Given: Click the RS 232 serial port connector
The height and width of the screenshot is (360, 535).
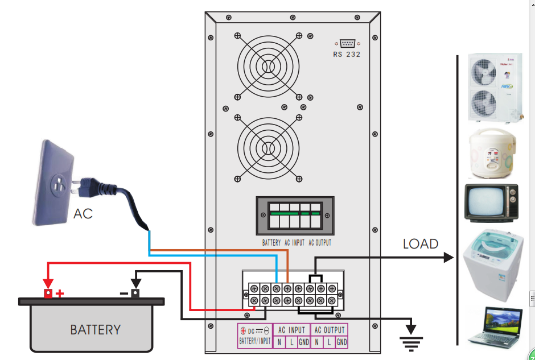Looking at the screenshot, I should [347, 43].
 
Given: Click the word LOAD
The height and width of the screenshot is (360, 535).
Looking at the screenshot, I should [421, 244].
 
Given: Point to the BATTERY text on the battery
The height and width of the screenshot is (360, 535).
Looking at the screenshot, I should [95, 330].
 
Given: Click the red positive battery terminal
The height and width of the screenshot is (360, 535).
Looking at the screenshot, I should [48, 293].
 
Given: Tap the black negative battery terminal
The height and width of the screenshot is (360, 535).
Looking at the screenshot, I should [135, 293].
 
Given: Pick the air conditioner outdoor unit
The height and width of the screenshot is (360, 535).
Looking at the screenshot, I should [494, 87].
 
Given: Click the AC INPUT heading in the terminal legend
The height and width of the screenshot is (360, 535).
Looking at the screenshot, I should [291, 330].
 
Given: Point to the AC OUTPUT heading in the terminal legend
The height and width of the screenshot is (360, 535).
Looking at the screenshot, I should [330, 330].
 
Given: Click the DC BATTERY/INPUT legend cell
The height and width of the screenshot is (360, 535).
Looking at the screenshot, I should [255, 336].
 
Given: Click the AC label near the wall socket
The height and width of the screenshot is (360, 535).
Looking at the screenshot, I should [83, 214].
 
